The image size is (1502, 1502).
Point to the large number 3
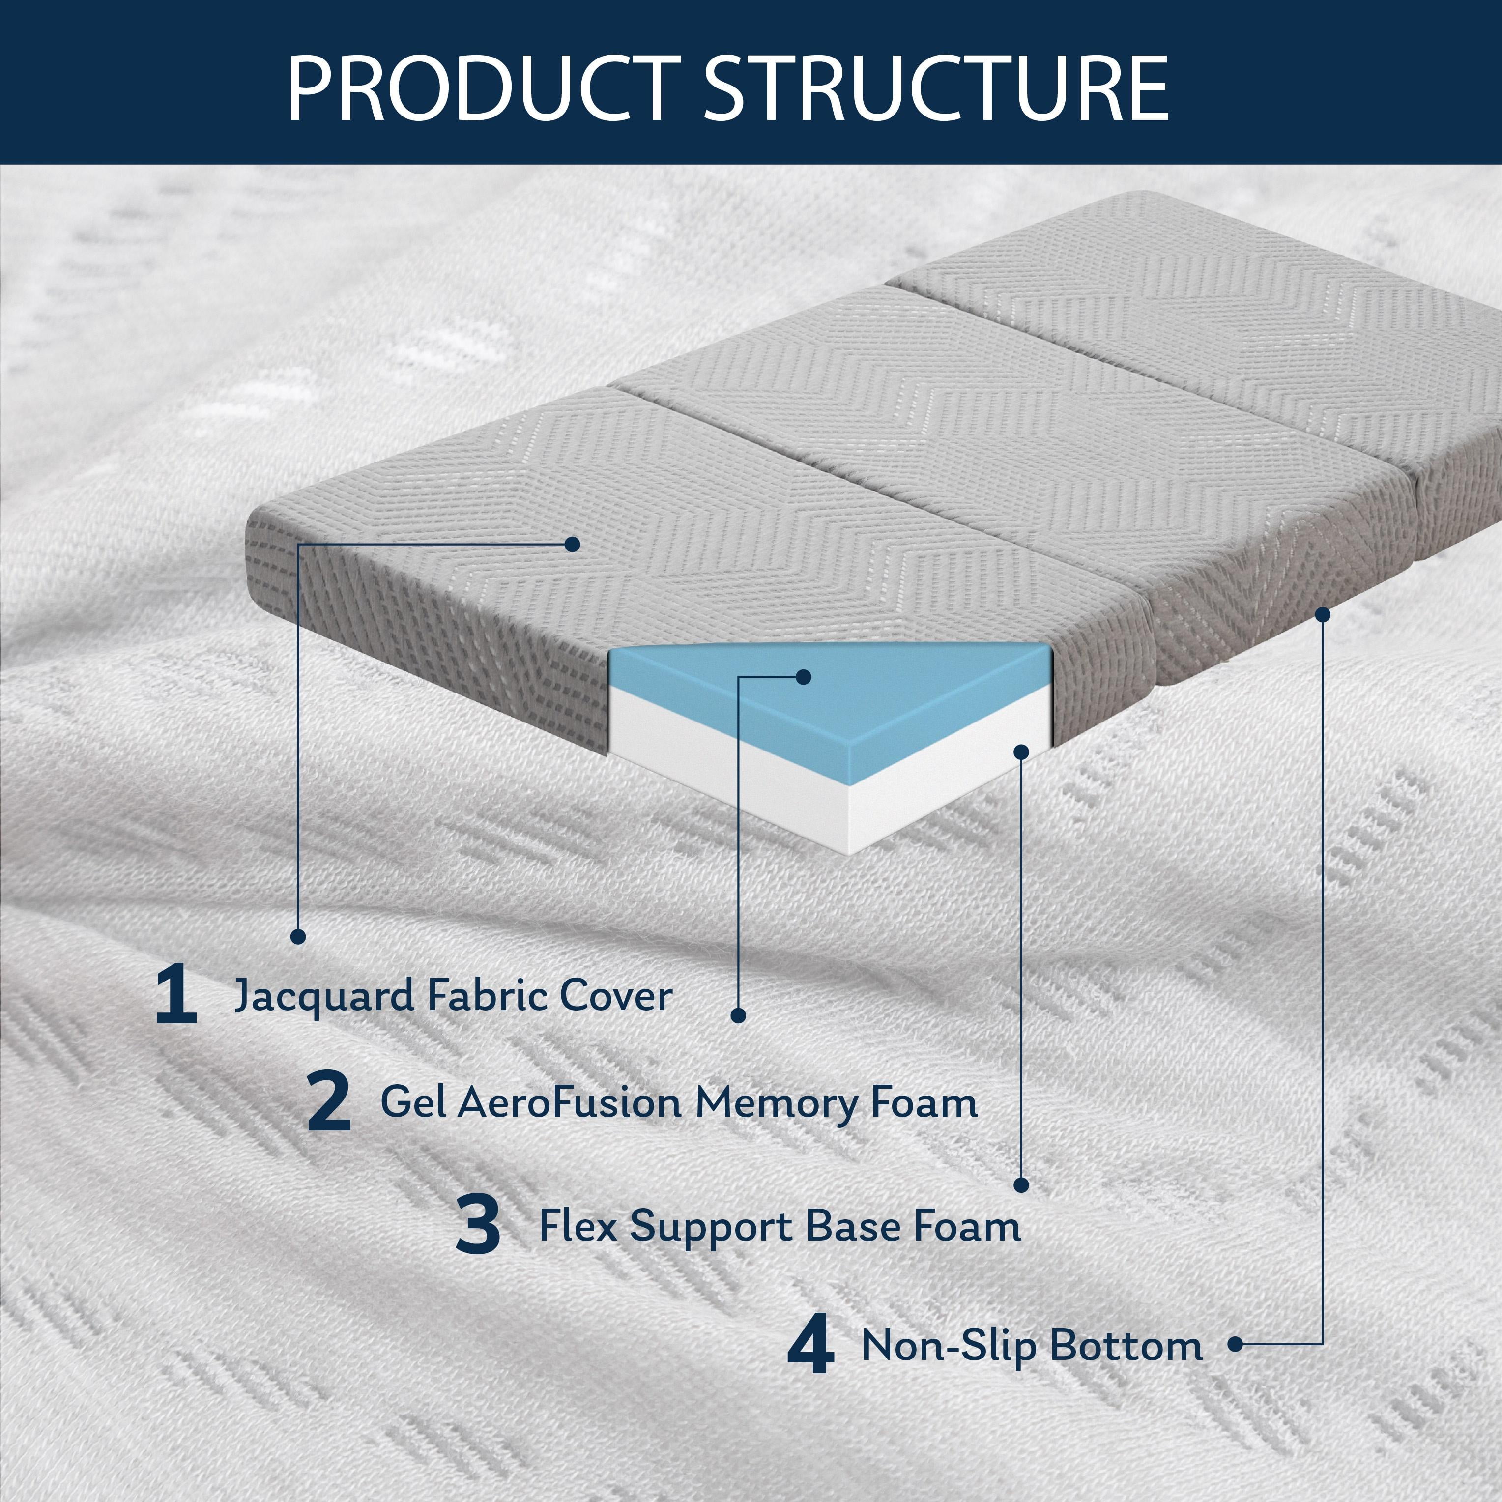pos(477,1225)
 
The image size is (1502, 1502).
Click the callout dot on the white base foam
pos(1021,752)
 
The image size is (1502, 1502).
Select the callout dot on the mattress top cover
pos(572,544)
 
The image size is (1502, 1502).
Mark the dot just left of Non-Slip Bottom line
pos(1235,1343)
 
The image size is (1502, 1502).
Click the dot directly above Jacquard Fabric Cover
pos(298,936)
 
